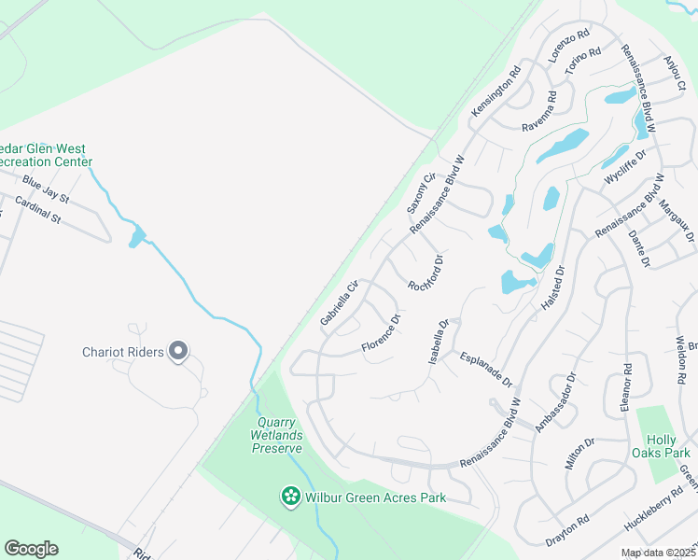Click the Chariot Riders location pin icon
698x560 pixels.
(179, 352)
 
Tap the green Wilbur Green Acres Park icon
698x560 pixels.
(291, 497)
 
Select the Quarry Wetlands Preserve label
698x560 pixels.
(277, 435)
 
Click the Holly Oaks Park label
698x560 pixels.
(669, 446)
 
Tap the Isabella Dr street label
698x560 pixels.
(438, 342)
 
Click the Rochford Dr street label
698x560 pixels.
(425, 272)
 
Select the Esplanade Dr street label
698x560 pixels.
(486, 370)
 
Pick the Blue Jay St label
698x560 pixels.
(46, 190)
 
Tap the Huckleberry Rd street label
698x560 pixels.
(652, 514)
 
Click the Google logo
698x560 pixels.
(31, 549)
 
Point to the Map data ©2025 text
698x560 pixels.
(658, 553)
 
